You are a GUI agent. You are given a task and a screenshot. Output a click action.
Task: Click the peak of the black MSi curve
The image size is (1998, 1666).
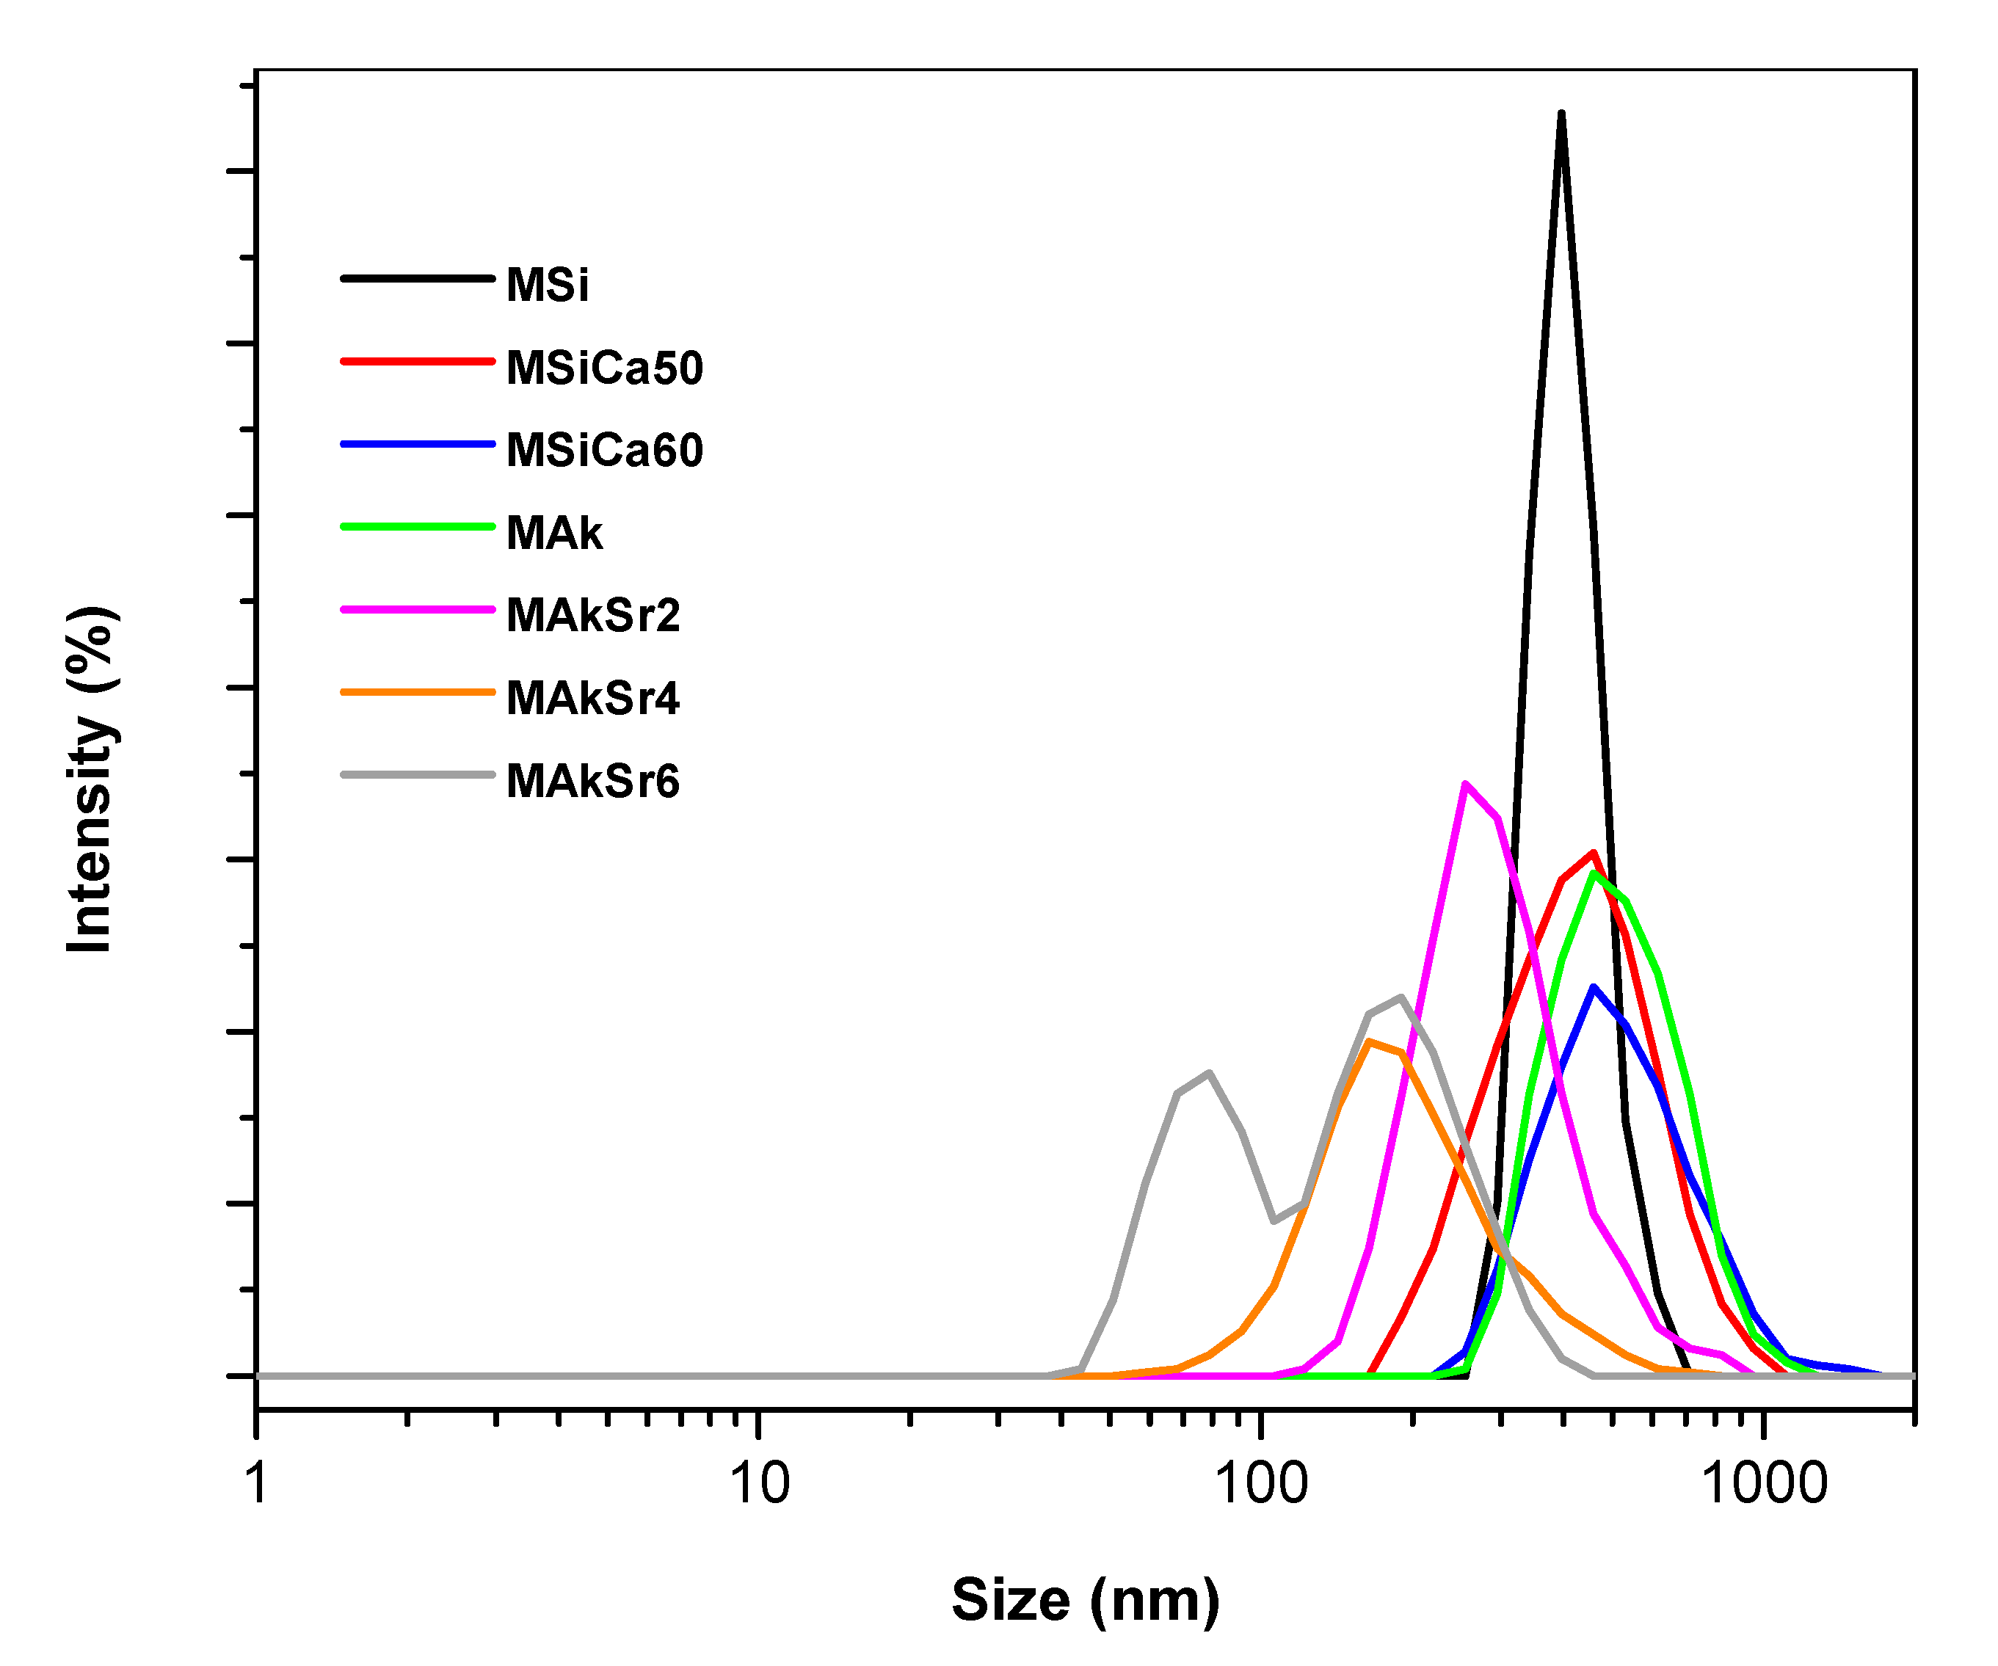tap(1561, 114)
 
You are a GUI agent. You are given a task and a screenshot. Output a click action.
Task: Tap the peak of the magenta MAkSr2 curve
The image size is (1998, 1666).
tap(1466, 785)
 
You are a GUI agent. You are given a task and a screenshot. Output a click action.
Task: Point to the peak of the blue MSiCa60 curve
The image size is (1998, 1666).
tap(1594, 988)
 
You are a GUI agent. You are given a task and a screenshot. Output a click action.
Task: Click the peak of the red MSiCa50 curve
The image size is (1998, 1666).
tap(1593, 854)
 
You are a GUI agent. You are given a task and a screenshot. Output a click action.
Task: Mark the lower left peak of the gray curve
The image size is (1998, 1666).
tap(1209, 1073)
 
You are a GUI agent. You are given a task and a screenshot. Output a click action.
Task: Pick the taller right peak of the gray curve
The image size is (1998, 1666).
tap(1401, 997)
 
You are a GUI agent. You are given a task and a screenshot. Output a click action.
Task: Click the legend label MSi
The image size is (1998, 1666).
tap(547, 285)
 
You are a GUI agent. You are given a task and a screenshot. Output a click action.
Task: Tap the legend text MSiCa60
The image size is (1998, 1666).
tap(604, 450)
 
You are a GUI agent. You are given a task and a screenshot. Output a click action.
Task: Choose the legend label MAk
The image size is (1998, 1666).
tap(553, 533)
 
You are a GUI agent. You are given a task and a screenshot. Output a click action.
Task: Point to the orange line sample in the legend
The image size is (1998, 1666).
tap(418, 691)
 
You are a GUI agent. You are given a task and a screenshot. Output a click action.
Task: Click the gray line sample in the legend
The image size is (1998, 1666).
tap(418, 774)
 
